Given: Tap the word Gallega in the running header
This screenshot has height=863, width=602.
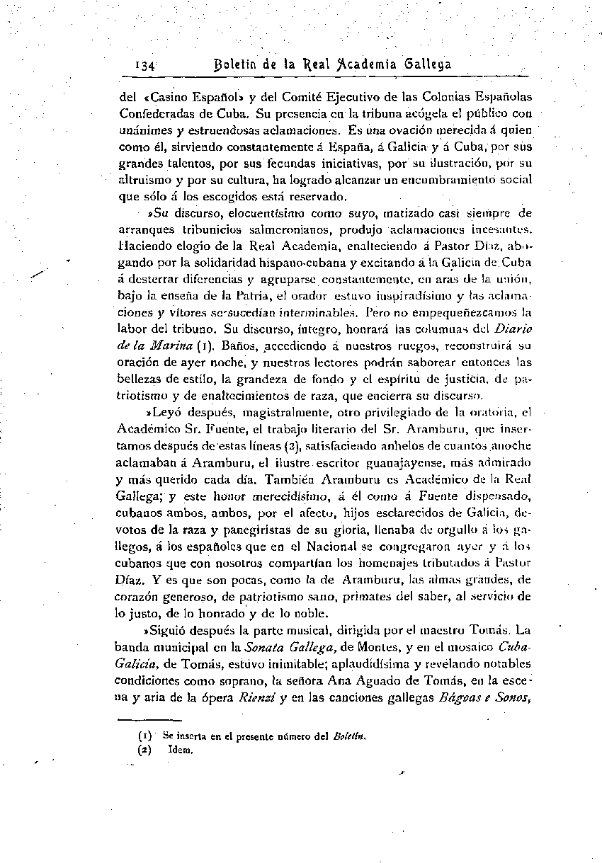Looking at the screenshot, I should point(427,64).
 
